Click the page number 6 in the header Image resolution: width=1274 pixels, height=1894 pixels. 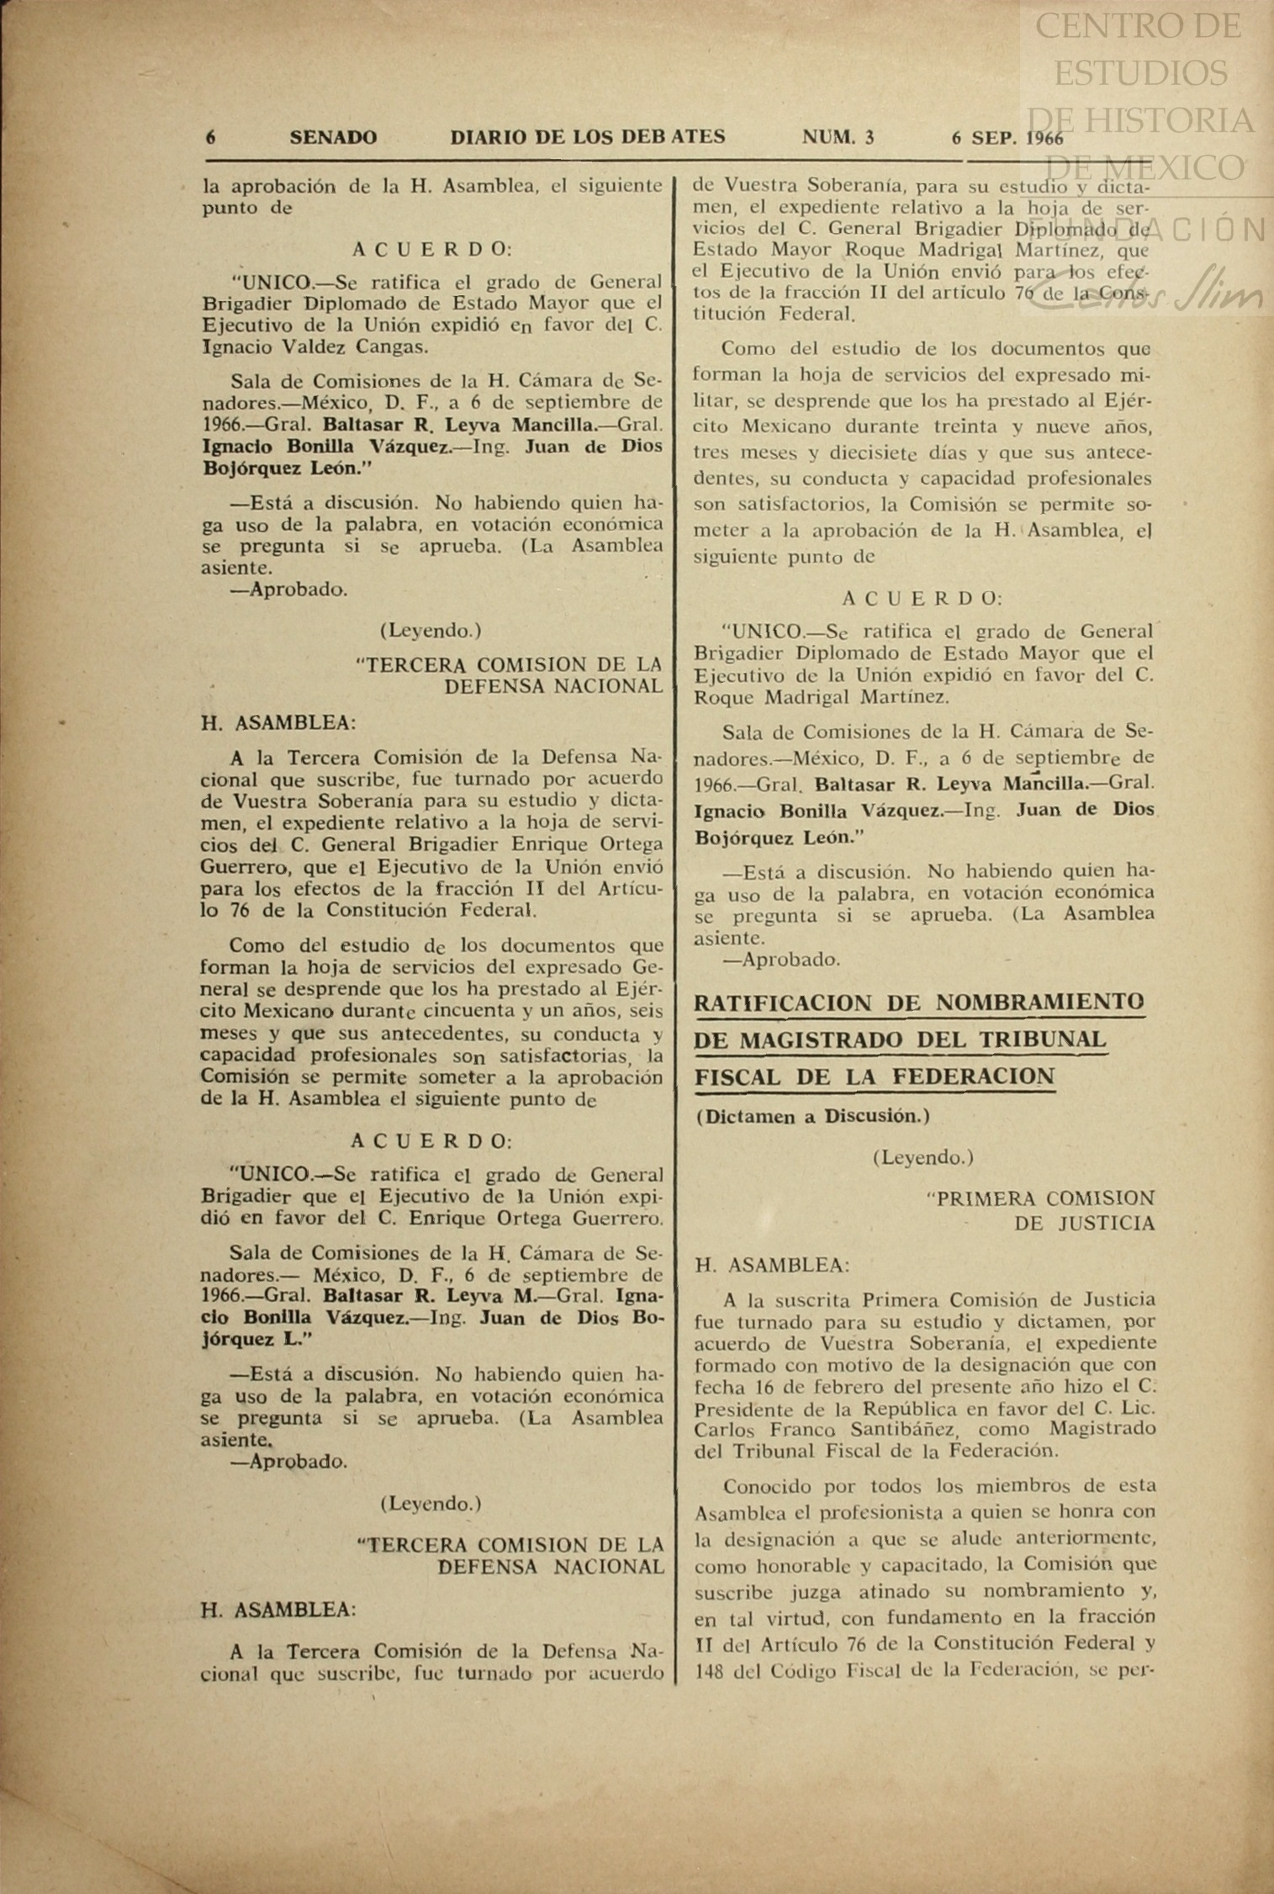tap(210, 137)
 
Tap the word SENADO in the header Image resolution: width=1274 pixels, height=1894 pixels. tap(333, 137)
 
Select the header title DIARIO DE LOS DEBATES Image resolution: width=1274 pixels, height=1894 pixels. tap(587, 137)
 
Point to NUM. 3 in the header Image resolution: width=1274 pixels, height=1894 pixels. tap(838, 137)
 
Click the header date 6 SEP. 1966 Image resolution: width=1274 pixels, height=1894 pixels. tap(1007, 138)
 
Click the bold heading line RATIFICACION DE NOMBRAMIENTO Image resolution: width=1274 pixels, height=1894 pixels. tap(919, 1003)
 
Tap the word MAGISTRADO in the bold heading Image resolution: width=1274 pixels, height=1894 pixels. tap(815, 1040)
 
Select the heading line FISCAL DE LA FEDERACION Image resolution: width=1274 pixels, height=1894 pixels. tap(875, 1077)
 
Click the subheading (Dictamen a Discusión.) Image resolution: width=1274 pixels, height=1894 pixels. tap(812, 1117)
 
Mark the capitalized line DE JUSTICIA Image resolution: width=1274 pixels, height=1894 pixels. tap(1084, 1223)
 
